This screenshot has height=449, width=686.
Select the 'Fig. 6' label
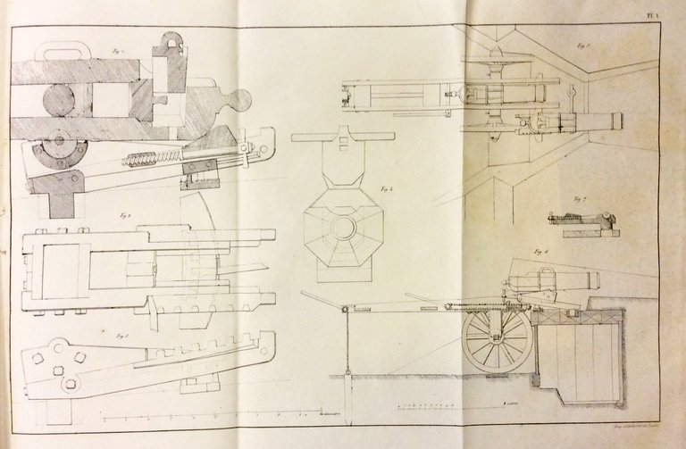(541, 253)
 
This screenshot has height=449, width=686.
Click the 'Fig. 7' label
(580, 200)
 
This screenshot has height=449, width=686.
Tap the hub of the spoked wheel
(497, 338)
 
